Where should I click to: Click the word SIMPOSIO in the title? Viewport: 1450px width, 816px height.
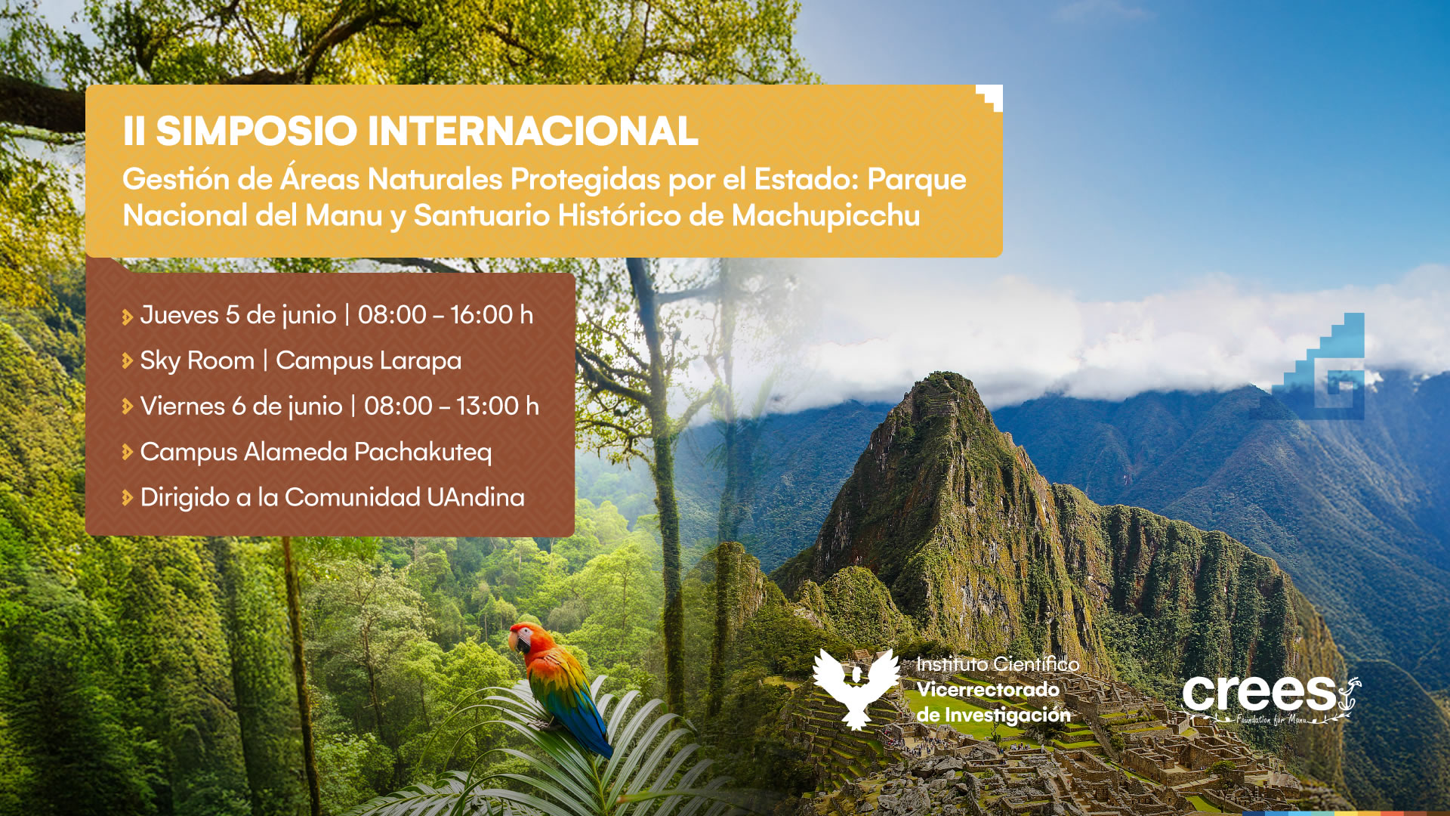256,131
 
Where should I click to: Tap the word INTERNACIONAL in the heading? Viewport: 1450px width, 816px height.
533,131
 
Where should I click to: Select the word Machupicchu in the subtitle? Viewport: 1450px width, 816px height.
825,216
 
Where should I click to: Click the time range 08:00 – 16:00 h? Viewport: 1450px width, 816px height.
446,314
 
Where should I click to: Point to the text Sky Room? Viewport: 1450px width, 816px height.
197,361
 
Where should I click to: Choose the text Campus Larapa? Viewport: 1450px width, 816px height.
369,361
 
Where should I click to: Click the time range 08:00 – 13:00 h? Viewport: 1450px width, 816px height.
452,406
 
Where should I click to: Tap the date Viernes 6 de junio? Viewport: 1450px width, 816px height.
242,406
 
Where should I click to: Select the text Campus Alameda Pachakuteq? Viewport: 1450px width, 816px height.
316,452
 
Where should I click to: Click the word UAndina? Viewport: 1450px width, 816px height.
476,497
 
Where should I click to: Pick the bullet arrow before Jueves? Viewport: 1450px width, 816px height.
127,317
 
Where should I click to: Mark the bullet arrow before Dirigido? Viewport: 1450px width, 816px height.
127,498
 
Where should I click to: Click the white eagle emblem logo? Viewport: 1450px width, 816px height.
856,688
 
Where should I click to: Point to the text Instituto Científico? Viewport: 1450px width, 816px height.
998,664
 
